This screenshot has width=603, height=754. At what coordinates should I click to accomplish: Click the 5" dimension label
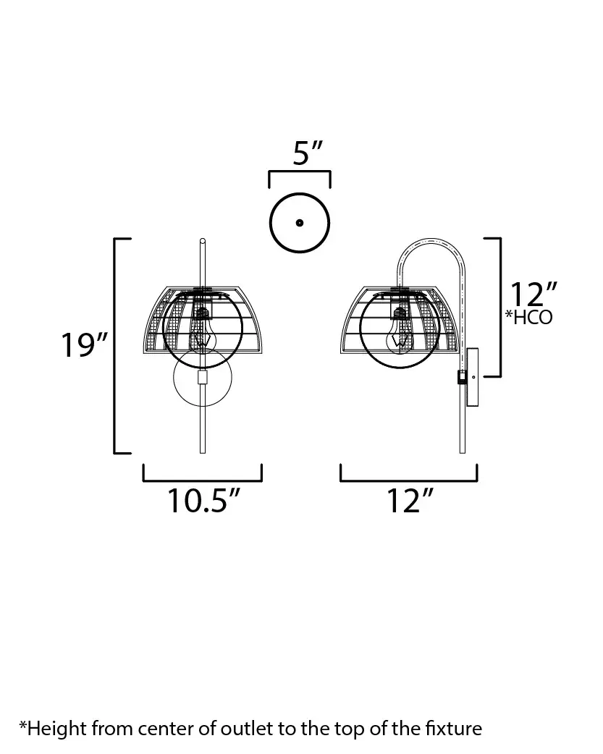tap(308, 153)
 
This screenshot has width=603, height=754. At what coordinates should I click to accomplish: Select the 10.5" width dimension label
tap(203, 501)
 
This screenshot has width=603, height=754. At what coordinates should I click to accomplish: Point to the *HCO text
tap(529, 318)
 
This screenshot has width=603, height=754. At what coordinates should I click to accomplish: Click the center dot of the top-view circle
tap(300, 223)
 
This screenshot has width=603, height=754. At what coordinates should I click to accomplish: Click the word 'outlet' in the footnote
tap(248, 729)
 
